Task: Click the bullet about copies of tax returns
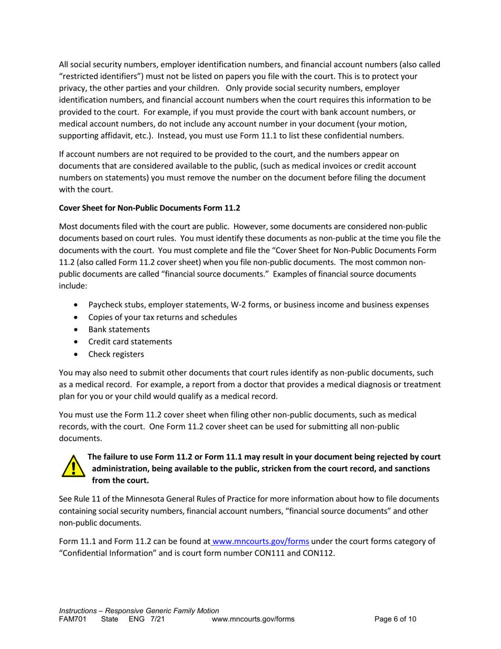coord(162,317)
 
